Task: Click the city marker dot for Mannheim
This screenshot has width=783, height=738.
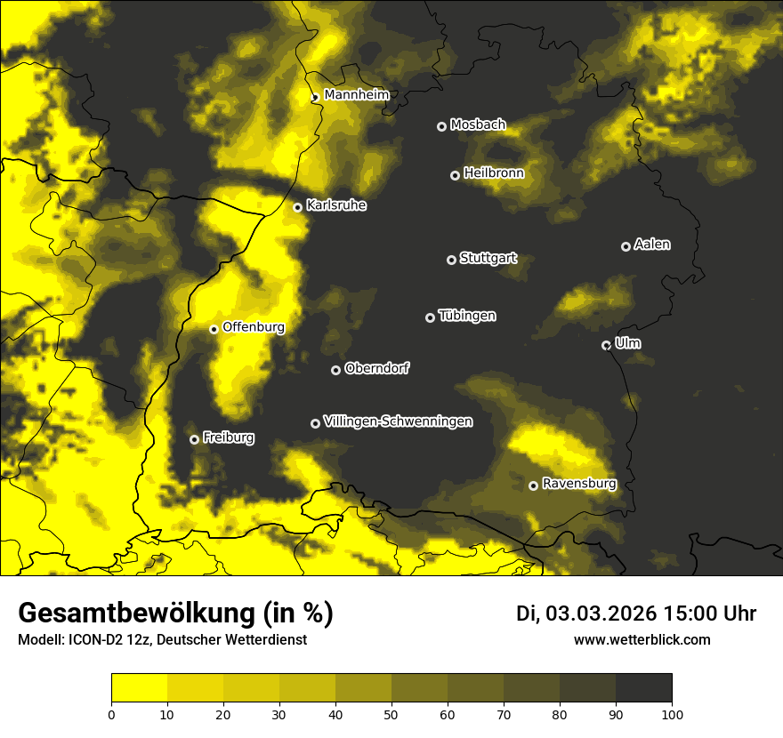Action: click(x=315, y=98)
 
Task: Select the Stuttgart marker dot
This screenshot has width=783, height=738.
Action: click(x=451, y=260)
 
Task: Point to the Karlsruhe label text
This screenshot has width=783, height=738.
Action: click(x=336, y=205)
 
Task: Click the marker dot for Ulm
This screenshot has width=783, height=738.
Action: click(x=606, y=345)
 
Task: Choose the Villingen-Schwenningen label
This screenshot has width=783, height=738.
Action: click(x=398, y=421)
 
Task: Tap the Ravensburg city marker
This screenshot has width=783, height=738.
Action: click(x=533, y=485)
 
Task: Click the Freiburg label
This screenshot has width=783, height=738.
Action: click(x=228, y=437)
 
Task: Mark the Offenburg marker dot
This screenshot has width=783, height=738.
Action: click(x=214, y=329)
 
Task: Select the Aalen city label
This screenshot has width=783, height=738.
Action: click(x=651, y=245)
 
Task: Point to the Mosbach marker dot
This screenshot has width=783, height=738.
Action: click(x=441, y=126)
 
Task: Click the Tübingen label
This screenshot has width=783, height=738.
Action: click(x=467, y=316)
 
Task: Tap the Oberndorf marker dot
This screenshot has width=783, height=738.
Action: click(x=335, y=370)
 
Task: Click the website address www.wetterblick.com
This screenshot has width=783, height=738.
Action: click(x=642, y=639)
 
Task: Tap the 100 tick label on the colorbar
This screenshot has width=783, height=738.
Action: click(x=672, y=713)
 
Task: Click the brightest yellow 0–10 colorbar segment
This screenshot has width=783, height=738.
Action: click(x=139, y=687)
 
